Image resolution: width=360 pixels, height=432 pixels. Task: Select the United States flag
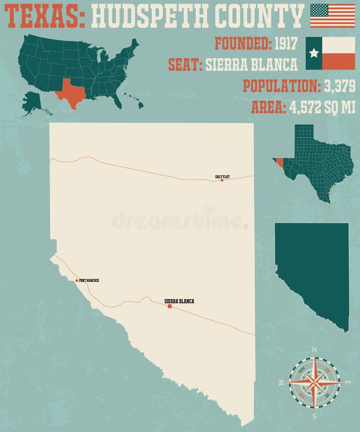(333, 15)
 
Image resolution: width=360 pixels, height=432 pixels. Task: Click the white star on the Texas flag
(314, 53)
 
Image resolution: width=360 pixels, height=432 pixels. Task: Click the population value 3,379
(339, 85)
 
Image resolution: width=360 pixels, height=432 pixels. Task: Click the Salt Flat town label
(222, 177)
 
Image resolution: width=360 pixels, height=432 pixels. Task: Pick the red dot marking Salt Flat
(222, 180)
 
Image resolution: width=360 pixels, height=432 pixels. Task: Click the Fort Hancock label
(90, 280)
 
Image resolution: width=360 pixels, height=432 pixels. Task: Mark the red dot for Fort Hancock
(77, 280)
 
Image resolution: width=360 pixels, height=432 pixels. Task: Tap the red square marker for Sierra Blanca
(169, 306)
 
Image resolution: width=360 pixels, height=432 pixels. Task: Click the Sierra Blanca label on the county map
(179, 301)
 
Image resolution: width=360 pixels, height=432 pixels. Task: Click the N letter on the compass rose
(314, 349)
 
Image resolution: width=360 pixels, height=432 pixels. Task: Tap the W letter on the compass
(281, 383)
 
